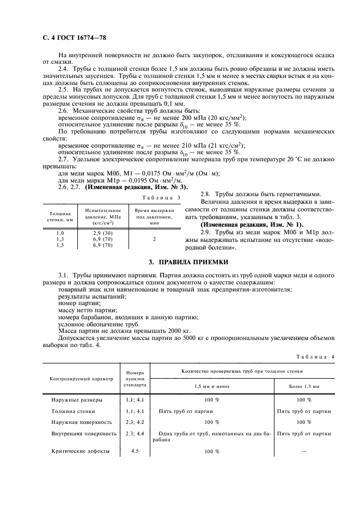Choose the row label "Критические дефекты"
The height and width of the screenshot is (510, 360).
[x=81, y=451]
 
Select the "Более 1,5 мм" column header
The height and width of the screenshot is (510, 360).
[x=304, y=385]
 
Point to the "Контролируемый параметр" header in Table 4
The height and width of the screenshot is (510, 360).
[x=81, y=378]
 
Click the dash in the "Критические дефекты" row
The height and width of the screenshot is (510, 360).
[x=304, y=451]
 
